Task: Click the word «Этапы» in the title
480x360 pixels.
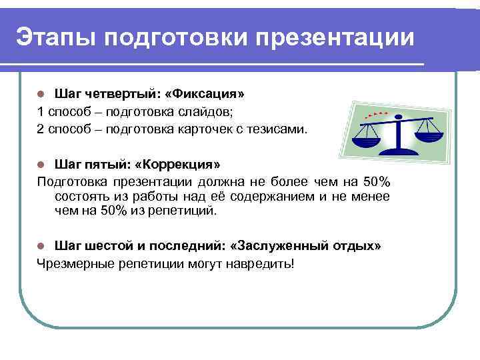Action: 53,36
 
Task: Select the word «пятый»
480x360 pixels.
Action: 99,164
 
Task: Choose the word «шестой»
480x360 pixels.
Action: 105,246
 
